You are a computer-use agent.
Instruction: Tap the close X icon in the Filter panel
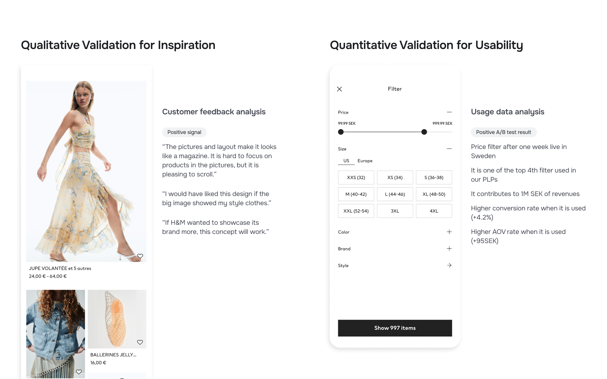339,89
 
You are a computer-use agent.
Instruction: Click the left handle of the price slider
341,132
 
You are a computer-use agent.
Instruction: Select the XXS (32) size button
356,177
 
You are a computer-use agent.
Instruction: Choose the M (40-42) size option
356,194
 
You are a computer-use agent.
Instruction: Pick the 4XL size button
434,211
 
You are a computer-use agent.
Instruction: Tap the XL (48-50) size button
434,194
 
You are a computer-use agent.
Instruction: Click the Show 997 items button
395,328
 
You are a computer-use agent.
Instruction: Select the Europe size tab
365,161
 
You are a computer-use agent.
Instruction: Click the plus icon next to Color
449,232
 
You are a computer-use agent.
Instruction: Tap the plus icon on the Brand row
449,249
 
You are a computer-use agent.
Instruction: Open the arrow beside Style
449,265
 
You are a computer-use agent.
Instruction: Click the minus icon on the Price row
449,112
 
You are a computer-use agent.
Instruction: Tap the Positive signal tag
184,132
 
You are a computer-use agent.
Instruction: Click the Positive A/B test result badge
504,132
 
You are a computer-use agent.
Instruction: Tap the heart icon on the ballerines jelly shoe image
140,342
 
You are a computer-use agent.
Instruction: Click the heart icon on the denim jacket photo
79,372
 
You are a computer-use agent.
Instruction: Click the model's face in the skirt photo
83,96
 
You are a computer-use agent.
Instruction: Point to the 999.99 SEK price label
442,124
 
